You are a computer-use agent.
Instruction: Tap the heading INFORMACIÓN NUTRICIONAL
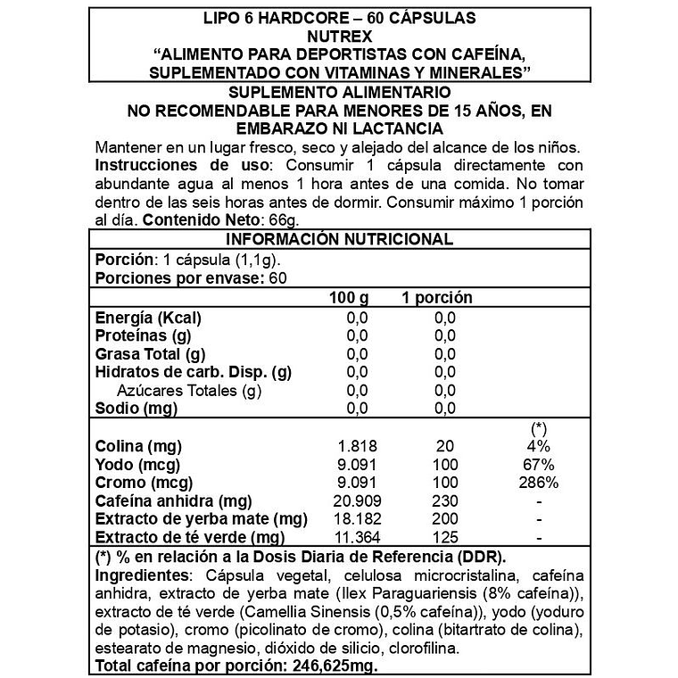click(339, 239)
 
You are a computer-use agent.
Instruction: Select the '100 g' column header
click(348, 297)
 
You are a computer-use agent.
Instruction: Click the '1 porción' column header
click(436, 297)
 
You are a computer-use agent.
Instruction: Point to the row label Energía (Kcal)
click(148, 318)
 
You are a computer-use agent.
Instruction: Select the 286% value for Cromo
click(538, 483)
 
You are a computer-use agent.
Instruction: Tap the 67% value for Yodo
click(539, 465)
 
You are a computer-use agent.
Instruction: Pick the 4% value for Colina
click(539, 446)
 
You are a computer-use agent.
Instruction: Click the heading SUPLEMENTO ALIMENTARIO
click(339, 94)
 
